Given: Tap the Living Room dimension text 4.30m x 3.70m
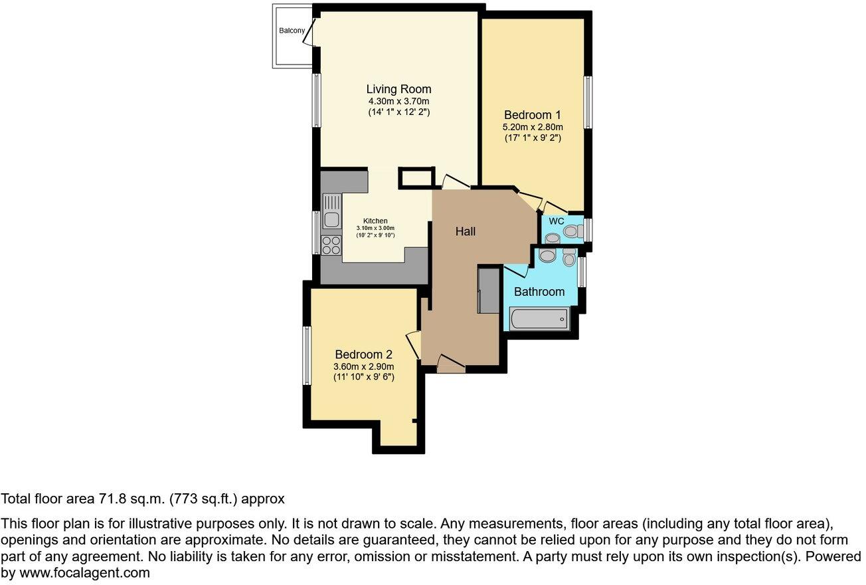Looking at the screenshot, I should click(x=398, y=101).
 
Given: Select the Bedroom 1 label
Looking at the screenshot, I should click(x=533, y=115).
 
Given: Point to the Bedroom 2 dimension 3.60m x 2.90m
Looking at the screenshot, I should click(x=364, y=366).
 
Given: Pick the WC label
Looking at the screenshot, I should click(x=557, y=221).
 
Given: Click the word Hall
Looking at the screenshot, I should click(x=466, y=231).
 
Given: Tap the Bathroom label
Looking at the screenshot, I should click(x=539, y=291).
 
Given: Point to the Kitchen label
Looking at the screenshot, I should click(x=375, y=221).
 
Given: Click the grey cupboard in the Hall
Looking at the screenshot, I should click(x=488, y=289).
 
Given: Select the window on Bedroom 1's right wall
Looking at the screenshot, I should click(x=588, y=102).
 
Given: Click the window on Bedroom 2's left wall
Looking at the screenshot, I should click(x=307, y=355).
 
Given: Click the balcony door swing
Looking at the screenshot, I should click(x=309, y=32).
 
